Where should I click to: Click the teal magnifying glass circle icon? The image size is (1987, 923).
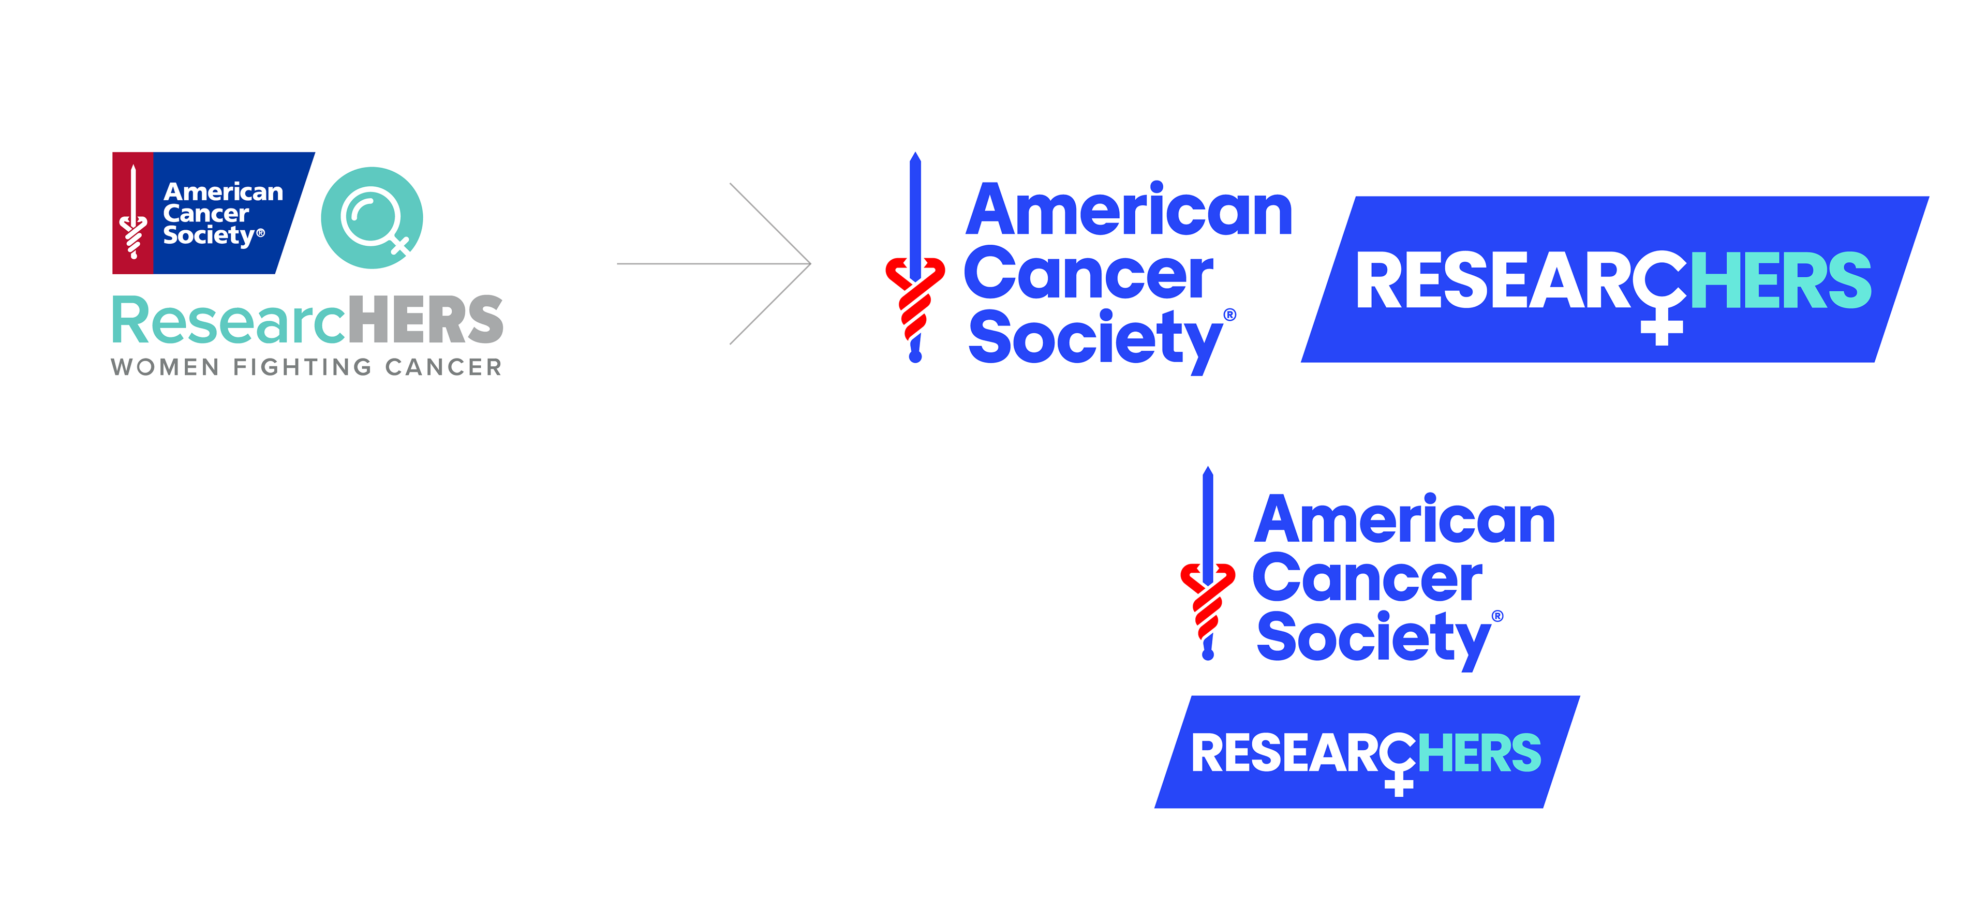click(x=372, y=217)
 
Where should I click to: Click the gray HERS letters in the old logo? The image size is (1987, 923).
click(x=425, y=320)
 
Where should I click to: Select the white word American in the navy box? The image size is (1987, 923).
click(x=223, y=191)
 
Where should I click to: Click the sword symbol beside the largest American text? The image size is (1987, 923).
click(x=915, y=258)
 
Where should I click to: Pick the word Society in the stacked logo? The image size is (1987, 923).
click(x=1373, y=638)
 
